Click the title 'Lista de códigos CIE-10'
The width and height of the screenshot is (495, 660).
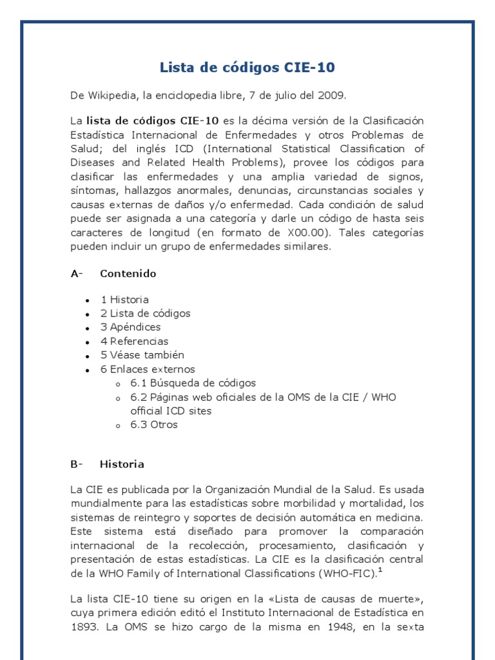247,68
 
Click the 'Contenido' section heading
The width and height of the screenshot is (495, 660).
128,273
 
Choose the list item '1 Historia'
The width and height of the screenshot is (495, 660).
124,300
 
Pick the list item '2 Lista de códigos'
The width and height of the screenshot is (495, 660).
145,313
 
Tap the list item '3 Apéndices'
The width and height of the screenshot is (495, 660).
130,327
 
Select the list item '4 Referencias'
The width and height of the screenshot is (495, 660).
134,341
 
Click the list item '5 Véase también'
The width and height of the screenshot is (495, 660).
142,355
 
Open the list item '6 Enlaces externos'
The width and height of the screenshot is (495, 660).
147,369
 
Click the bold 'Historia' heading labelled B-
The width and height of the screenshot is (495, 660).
122,464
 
